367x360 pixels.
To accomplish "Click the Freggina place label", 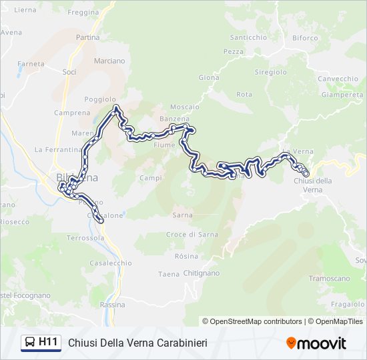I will pos(83,12).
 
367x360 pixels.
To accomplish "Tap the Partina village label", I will pos(88,37).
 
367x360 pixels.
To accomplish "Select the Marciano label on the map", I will pos(109,61).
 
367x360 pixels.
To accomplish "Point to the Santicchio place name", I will pos(248,37).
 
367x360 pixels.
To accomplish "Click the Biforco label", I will pos(305,38).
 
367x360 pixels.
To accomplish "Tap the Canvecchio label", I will pos(338,79).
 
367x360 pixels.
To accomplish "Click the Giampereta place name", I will pos(342,95).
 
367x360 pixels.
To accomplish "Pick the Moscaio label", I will pos(185,107).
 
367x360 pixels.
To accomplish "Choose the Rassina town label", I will pos(112,305).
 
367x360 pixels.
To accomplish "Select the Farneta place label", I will pos(31,64).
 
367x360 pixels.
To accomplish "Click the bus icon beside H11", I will pos(30,343).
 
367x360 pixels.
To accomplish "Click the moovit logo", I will pos(316,343).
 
